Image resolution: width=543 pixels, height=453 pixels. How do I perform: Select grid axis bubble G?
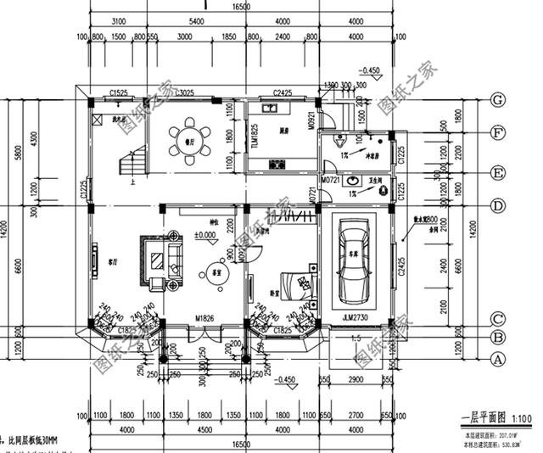[498, 99]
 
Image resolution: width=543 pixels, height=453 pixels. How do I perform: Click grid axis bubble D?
[498, 206]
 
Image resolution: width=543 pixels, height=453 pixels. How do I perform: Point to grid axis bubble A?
[498, 359]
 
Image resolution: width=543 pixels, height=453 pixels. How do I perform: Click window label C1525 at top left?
[119, 92]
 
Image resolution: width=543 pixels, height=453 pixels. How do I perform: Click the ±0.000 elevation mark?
[204, 234]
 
